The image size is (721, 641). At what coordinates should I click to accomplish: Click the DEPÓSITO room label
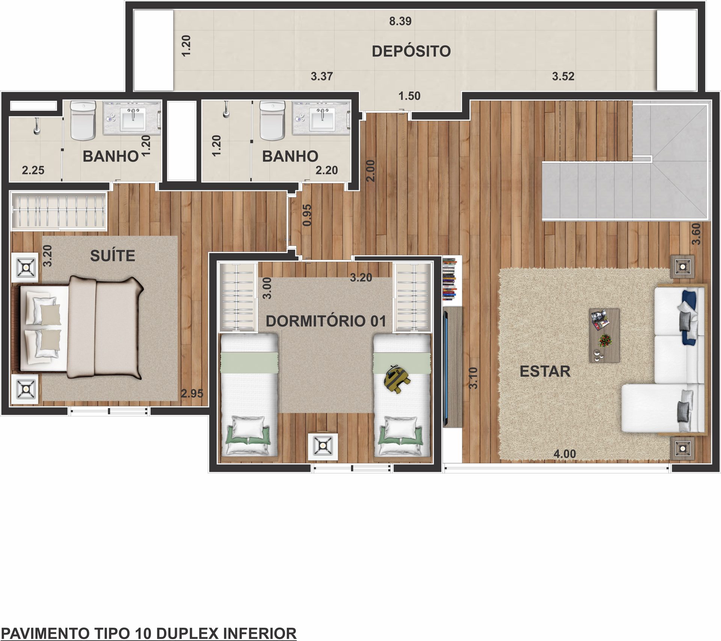coord(411,51)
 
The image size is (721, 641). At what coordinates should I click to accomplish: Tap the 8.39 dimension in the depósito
coord(400,21)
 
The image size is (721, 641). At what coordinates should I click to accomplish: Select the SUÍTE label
coord(113,256)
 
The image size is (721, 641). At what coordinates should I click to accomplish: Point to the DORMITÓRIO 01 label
coord(326,321)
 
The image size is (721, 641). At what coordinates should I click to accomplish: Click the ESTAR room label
coord(545,371)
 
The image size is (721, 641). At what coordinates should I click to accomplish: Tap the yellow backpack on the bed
coord(397,379)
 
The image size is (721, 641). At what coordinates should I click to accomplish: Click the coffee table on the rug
coord(604,335)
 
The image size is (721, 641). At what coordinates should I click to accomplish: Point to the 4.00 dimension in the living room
coord(564,454)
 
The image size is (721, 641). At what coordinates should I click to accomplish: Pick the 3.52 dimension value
coord(563,77)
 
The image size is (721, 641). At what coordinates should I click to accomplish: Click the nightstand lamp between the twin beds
coord(323,447)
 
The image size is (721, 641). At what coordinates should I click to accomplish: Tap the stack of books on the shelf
coord(449,279)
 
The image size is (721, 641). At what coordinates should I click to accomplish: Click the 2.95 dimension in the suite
coord(192,394)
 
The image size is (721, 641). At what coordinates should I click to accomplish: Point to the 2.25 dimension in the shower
coord(33,170)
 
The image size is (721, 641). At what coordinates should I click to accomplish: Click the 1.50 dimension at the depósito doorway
coord(409,96)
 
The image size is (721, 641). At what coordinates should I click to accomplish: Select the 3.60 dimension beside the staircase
coord(696,234)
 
